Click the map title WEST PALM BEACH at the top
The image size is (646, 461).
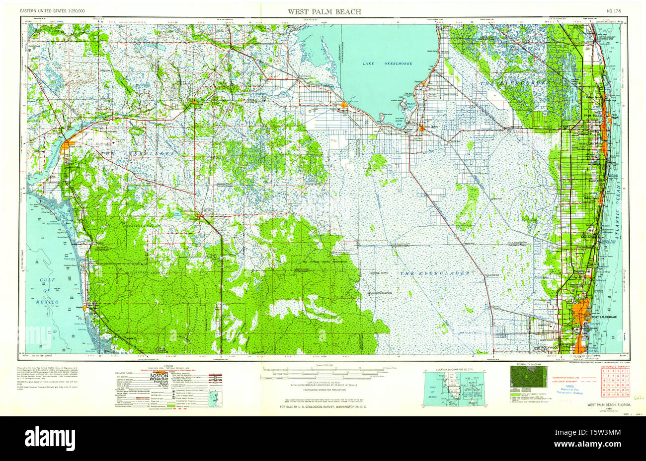(x=324, y=11)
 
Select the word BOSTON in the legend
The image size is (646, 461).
(x=158, y=376)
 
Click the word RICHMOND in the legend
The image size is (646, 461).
(x=158, y=381)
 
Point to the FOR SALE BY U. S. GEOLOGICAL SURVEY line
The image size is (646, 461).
(x=323, y=407)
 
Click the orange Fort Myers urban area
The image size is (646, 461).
(x=66, y=149)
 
